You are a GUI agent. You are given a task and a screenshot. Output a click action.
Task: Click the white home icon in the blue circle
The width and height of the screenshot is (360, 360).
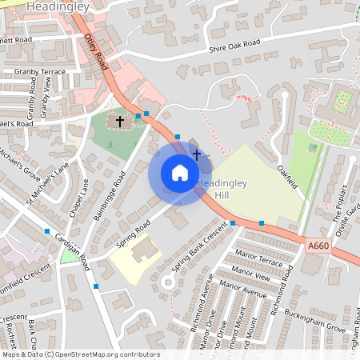tap(180, 173)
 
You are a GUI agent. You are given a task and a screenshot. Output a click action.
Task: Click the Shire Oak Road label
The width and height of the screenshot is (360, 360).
tap(234, 46)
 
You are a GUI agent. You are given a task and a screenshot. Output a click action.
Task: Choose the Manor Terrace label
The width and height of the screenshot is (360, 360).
tap(260, 261)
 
